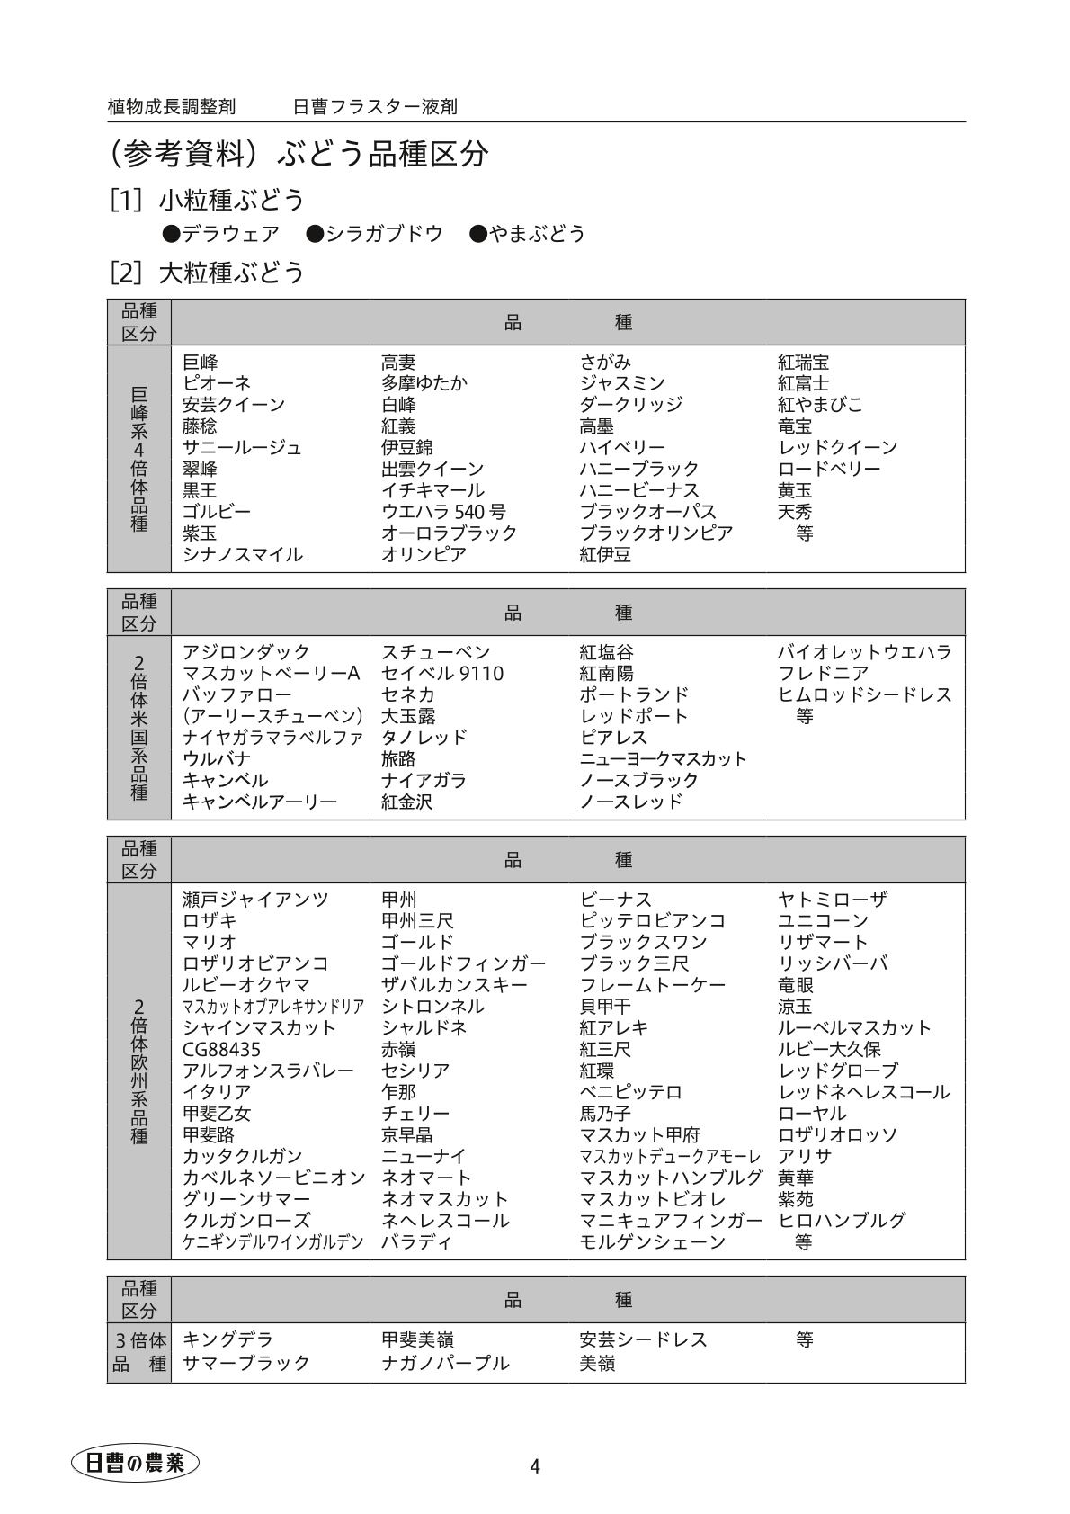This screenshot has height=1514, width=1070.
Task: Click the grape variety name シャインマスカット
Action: [259, 1027]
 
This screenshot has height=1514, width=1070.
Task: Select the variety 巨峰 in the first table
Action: [200, 363]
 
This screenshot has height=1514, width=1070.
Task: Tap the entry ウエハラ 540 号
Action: [443, 512]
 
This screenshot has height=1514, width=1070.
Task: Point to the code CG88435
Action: [221, 1049]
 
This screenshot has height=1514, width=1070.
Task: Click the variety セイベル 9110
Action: [442, 673]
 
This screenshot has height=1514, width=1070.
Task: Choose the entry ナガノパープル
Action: [445, 1363]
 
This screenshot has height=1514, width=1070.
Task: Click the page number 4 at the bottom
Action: [535, 1466]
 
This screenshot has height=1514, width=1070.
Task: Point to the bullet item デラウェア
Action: [221, 234]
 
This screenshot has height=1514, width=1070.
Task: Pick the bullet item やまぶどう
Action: [528, 234]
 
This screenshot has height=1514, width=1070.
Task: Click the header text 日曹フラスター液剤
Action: [375, 107]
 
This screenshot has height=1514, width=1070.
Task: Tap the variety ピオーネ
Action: [217, 383]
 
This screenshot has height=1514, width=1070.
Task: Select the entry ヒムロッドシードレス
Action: [864, 694]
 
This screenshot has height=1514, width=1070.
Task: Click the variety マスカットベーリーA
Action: [271, 673]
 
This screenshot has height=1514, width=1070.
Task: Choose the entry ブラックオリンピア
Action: [655, 533]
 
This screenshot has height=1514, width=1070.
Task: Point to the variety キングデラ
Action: [227, 1339]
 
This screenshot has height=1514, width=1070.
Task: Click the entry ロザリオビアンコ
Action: [255, 963]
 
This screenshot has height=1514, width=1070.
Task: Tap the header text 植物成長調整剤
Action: [172, 107]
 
